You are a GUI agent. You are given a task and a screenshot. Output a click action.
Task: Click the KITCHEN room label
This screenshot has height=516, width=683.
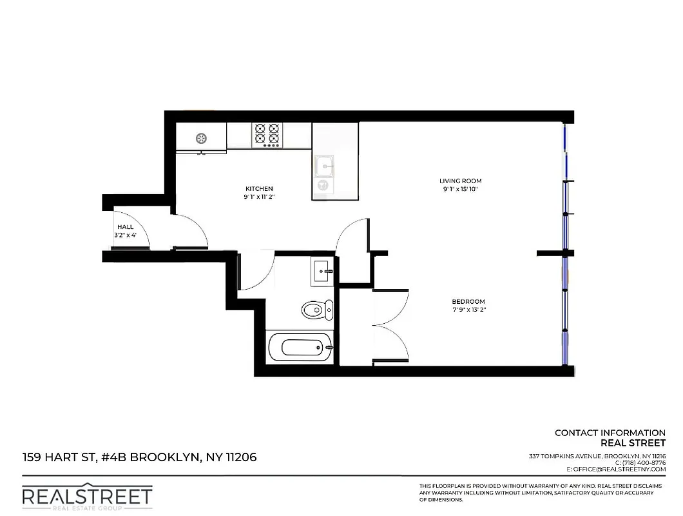[x=259, y=188]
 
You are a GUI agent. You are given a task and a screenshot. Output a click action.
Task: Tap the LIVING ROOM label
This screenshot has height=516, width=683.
[x=460, y=181]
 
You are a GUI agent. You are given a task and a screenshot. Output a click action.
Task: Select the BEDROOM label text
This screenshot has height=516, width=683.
[x=468, y=302]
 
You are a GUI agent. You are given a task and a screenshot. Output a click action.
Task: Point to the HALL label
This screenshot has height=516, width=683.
[x=125, y=227]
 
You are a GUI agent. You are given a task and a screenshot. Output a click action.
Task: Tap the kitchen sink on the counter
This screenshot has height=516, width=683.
[x=324, y=166]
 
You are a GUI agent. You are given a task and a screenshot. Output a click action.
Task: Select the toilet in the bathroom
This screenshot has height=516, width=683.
[x=317, y=310]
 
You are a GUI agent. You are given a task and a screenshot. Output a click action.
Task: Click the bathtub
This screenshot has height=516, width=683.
[x=300, y=348]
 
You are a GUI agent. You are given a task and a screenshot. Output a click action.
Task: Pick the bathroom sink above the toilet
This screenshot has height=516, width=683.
[x=322, y=272]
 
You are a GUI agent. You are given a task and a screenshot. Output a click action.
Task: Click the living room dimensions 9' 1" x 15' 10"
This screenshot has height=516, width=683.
[x=460, y=189]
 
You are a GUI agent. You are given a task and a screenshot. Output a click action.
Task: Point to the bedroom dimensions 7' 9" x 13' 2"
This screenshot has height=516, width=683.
[x=468, y=310]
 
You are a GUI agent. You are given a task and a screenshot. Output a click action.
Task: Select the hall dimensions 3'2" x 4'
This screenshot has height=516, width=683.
[x=126, y=235]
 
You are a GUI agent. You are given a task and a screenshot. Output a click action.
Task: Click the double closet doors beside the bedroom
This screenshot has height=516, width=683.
[x=390, y=325]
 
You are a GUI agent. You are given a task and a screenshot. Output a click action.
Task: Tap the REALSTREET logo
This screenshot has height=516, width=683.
[x=88, y=496]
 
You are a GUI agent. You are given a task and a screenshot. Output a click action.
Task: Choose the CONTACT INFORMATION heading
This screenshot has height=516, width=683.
[x=610, y=433]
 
